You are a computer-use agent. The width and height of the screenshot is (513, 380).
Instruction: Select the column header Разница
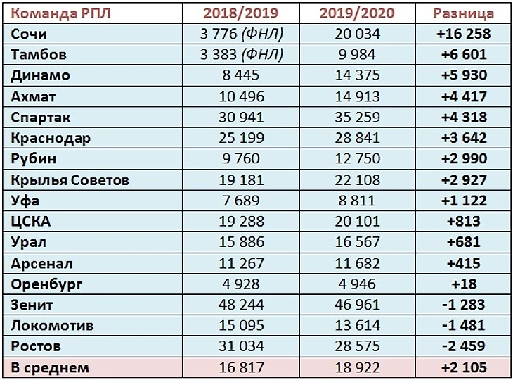tap(463, 13)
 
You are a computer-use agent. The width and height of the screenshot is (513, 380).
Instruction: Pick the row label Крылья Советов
tap(70, 179)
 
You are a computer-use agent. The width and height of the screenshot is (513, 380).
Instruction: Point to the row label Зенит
tap(32, 305)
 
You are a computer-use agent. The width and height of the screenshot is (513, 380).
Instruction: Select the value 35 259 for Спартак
tap(350, 117)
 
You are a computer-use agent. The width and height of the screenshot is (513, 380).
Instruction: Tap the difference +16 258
tap(463, 33)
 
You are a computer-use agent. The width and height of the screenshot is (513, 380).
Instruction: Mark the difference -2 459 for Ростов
tap(463, 346)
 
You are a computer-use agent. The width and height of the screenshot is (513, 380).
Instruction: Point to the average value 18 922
tap(350, 367)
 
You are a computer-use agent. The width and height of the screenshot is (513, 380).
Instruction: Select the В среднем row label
tap(50, 367)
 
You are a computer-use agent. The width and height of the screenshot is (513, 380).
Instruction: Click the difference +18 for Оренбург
tap(463, 284)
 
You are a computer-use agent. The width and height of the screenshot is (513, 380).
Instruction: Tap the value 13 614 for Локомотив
tap(350, 326)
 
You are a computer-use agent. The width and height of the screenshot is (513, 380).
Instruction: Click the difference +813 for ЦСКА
tap(463, 222)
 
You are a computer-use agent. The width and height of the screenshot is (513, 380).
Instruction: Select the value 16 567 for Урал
tap(350, 242)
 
